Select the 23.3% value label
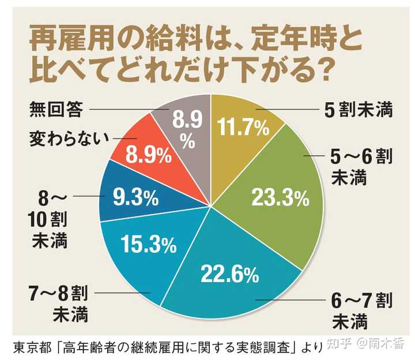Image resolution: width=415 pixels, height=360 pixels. coord(281,198)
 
